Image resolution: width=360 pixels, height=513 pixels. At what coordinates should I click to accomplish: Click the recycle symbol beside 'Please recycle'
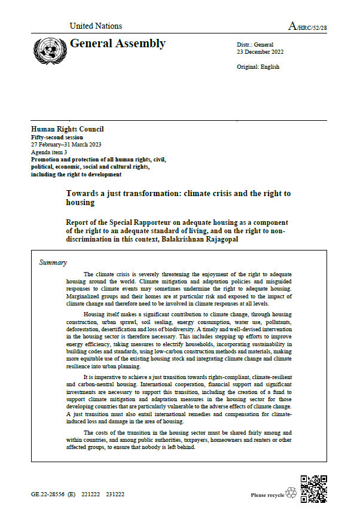291,493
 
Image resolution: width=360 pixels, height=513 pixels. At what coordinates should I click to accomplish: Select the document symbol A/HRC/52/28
307,27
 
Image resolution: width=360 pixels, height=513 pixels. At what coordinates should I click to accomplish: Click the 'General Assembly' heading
118,44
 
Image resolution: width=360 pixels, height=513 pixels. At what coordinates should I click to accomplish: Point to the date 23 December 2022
261,52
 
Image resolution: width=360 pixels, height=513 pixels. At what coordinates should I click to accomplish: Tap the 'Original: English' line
258,66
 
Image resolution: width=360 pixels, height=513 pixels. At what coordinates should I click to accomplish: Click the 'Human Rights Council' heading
67,129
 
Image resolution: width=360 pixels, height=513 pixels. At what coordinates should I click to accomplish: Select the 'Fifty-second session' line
57,137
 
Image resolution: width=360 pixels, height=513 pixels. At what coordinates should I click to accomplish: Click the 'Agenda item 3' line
50,152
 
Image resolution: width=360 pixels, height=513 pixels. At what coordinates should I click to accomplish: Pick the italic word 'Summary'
53,262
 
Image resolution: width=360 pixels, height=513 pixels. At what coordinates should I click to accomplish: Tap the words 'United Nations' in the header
96,26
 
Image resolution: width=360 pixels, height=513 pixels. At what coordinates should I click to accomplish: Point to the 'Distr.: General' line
255,45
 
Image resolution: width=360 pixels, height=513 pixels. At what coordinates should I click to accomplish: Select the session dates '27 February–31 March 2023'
66,145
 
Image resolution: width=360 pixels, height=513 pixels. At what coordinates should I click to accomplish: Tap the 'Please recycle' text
267,495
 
